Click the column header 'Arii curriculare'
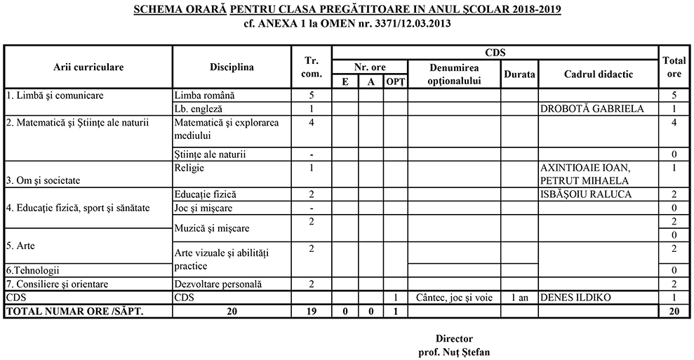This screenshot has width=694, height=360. [88, 67]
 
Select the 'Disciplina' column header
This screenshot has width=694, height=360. [232, 67]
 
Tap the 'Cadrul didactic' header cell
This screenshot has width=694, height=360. [598, 74]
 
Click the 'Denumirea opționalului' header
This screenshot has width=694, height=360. [454, 74]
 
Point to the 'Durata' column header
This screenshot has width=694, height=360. [519, 74]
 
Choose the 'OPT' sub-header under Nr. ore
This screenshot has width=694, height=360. [395, 82]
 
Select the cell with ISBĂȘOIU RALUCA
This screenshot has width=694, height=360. [586, 194]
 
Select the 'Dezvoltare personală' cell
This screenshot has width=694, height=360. [218, 284]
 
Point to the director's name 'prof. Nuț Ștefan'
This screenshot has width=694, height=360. [453, 352]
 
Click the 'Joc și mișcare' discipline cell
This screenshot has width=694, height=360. [204, 208]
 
